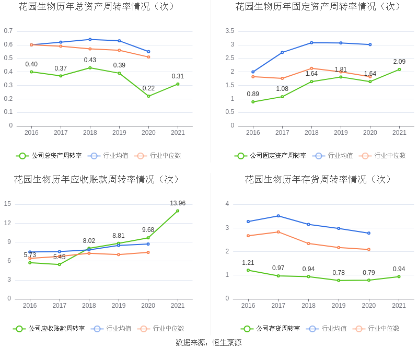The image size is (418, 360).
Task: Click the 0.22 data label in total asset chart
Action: (x=148, y=88)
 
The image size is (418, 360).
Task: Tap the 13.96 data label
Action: (x=178, y=203)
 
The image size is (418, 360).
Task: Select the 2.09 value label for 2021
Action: (x=399, y=62)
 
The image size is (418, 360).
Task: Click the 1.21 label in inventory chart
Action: (x=248, y=263)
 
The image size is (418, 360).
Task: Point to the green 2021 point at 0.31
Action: (x=178, y=84)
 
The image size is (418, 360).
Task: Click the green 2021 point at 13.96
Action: (x=178, y=211)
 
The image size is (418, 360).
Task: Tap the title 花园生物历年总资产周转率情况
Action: (x=97, y=7)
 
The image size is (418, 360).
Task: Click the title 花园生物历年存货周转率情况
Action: (x=319, y=180)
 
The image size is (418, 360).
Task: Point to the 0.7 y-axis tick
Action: (x=8, y=31)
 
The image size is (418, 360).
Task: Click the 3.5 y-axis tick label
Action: (x=230, y=31)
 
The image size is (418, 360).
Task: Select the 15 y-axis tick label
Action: (x=7, y=204)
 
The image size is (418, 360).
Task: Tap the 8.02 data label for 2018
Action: (x=89, y=241)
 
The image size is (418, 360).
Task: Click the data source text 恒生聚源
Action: (x=227, y=343)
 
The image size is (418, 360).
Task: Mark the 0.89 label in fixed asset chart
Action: (x=253, y=94)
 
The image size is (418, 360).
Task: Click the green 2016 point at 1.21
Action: (x=248, y=270)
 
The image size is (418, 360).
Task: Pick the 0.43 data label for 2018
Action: (x=90, y=60)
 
